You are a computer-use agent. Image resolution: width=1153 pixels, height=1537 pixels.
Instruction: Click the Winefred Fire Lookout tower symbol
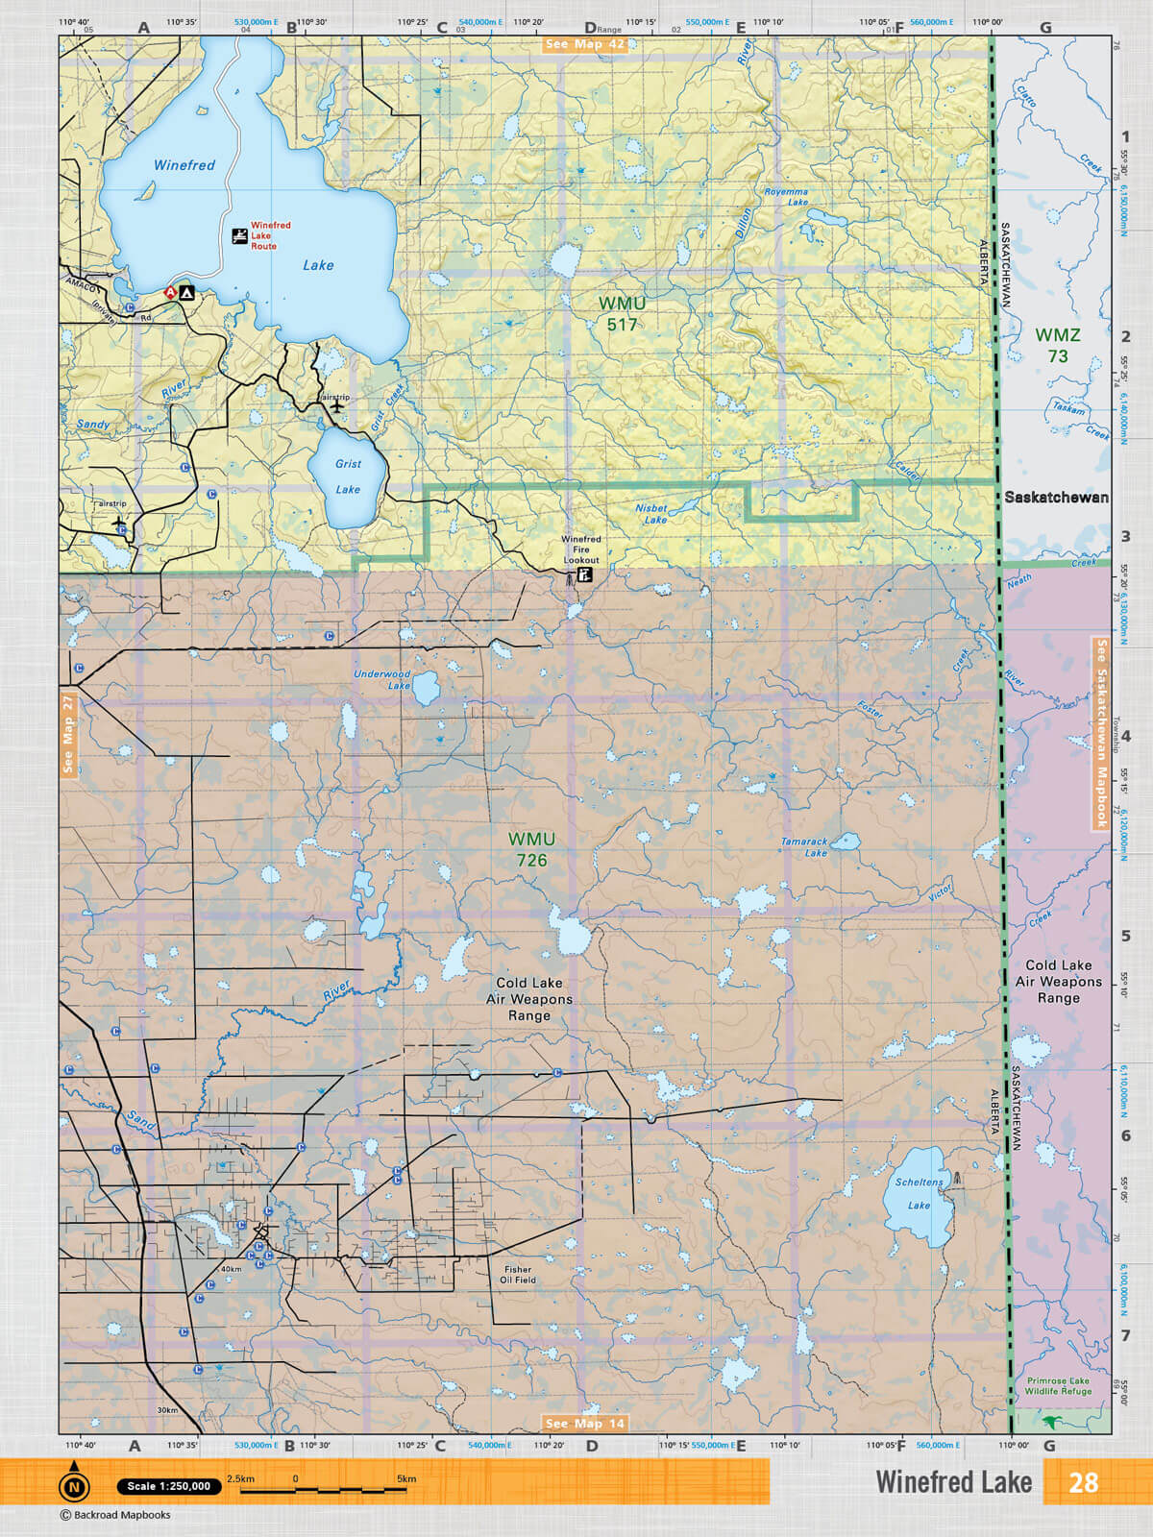(582, 576)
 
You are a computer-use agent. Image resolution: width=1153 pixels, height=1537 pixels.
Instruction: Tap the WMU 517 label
(622, 314)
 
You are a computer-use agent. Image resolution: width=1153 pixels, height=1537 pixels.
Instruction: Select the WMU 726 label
(531, 849)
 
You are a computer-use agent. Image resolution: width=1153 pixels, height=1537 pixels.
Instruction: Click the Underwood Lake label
(382, 679)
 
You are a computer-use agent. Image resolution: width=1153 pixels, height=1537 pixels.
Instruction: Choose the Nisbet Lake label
(652, 513)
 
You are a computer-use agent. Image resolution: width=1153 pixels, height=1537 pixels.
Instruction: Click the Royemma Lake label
(786, 197)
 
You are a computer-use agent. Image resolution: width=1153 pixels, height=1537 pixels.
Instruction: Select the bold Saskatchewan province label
(1056, 498)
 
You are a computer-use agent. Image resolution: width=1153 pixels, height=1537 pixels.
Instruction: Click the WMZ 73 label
(1057, 345)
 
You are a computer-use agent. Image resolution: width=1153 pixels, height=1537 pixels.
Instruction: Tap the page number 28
(1083, 1482)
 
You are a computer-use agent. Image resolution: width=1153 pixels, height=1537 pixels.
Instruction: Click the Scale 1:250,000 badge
(168, 1486)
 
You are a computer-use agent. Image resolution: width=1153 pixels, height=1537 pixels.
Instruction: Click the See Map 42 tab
(584, 44)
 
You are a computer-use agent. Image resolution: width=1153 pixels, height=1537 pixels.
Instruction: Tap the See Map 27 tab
(67, 733)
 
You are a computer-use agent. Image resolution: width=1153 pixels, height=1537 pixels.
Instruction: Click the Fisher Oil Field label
(518, 1274)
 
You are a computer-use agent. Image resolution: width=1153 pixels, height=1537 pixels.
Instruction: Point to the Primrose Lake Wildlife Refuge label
(1058, 1385)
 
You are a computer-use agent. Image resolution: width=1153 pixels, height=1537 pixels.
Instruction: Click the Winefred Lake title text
(953, 1482)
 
